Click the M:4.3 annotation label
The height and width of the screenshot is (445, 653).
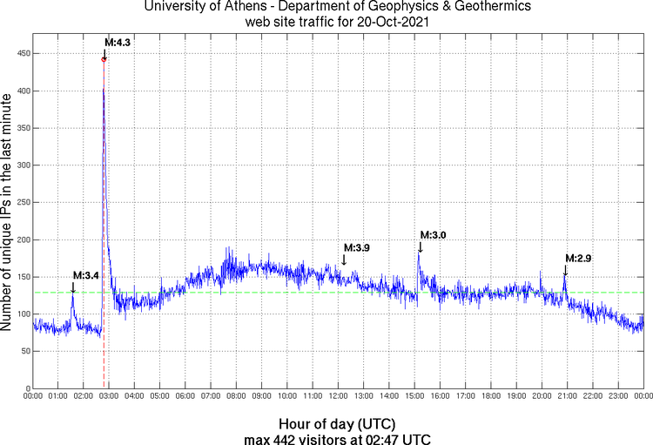pos(117,42)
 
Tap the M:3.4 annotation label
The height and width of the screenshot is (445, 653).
pos(85,275)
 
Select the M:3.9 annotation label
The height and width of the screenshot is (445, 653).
pos(356,248)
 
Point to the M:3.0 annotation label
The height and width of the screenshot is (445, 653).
pos(433,235)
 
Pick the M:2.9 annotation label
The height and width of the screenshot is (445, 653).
pos(578,259)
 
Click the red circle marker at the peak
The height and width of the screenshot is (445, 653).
pos(104,59)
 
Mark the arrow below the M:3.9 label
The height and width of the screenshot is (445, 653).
pos(344,260)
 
